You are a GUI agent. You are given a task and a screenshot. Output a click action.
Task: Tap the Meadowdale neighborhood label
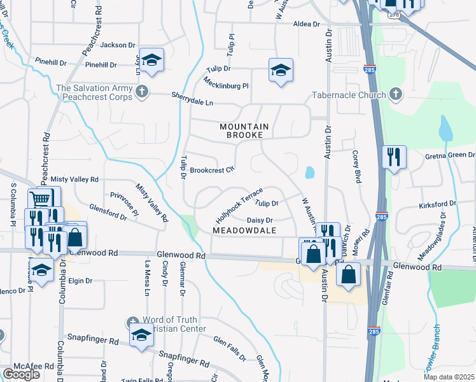pyautogui.click(x=244, y=230)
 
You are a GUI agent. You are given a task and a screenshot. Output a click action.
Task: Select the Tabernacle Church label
pyautogui.click(x=349, y=95)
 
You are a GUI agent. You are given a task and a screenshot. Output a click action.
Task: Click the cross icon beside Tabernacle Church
pyautogui.click(x=395, y=95)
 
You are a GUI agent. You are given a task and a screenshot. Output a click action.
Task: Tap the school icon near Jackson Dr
pyautogui.click(x=151, y=60)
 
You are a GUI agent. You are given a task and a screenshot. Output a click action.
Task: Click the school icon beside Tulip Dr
pyautogui.click(x=281, y=70)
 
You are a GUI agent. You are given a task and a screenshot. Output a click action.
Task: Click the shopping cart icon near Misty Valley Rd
pyautogui.click(x=40, y=199)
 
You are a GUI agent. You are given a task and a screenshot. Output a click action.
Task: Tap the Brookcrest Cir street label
pyautogui.click(x=213, y=170)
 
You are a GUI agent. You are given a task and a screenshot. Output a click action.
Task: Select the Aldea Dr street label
pyautogui.click(x=306, y=24)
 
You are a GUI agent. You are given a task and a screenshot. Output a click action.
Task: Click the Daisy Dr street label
pyautogui.click(x=260, y=220)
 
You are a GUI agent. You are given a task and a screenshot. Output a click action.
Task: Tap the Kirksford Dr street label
pyautogui.click(x=438, y=204)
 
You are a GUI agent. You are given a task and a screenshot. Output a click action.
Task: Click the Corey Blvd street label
pyautogui.click(x=356, y=167)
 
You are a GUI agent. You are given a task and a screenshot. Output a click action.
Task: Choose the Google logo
pyautogui.click(x=21, y=374)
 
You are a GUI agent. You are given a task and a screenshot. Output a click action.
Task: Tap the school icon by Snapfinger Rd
pyautogui.click(x=141, y=336)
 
